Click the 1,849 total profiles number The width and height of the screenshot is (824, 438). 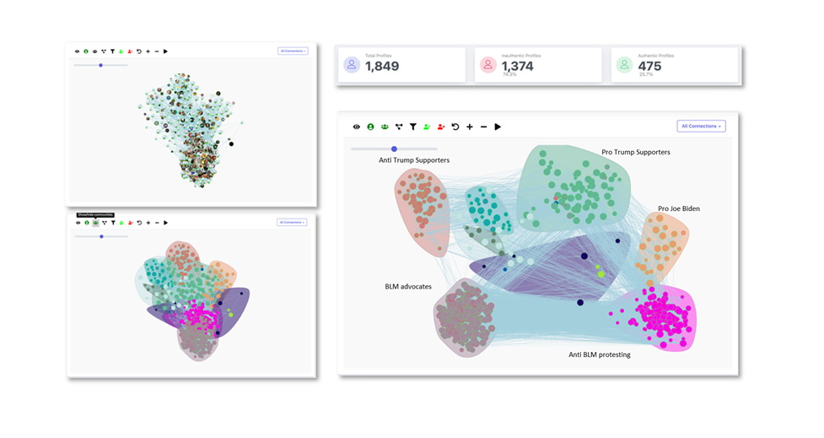(x=382, y=67)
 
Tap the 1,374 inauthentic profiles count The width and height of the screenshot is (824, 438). (x=517, y=67)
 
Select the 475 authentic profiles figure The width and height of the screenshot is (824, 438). (x=649, y=67)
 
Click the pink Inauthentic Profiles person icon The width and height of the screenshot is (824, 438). (x=488, y=65)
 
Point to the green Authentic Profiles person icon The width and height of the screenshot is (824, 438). (x=624, y=65)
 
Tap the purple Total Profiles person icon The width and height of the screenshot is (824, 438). (x=352, y=65)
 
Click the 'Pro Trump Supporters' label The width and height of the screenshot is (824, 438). (x=635, y=153)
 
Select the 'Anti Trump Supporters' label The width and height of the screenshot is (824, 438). (x=414, y=160)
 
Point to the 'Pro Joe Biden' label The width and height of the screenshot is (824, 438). (x=678, y=208)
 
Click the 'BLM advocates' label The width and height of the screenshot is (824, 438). (x=408, y=287)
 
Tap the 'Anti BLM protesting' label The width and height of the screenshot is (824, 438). (x=599, y=355)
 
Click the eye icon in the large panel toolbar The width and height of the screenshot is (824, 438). (x=357, y=127)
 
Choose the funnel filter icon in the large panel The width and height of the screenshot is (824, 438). (x=413, y=127)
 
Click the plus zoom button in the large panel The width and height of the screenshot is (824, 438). (x=470, y=127)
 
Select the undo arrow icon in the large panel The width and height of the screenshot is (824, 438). (x=455, y=127)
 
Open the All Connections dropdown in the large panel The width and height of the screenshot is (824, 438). (x=701, y=126)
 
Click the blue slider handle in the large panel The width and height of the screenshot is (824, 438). (x=394, y=149)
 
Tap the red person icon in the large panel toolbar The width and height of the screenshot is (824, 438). (x=441, y=127)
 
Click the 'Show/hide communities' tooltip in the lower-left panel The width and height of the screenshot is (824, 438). (x=94, y=215)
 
